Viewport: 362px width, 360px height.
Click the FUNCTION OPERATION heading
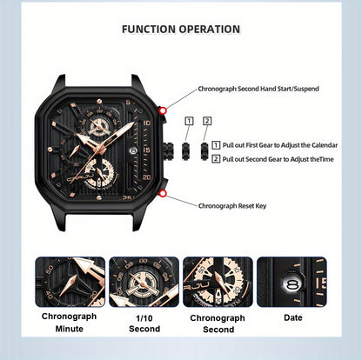pos(181,30)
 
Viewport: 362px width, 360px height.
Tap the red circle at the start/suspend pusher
pos(164,110)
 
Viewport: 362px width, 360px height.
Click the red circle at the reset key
pos(164,193)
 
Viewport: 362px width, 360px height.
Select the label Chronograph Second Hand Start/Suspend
pos(258,89)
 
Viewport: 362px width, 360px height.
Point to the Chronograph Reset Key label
pos(232,206)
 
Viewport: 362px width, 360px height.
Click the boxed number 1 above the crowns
pos(189,121)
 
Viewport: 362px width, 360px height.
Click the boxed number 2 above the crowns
pos(207,121)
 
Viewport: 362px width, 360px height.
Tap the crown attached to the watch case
pos(168,150)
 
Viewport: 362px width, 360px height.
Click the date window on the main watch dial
pos(133,150)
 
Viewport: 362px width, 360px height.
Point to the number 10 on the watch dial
pos(147,123)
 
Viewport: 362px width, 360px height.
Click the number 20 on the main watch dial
pos(147,177)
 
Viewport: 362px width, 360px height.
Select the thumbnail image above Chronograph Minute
pos(70,282)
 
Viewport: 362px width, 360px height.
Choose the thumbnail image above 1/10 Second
pos(144,282)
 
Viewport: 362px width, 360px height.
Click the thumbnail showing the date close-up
pos(292,282)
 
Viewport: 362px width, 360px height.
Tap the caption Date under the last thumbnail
pos(293,317)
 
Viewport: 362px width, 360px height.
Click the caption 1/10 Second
pos(144,323)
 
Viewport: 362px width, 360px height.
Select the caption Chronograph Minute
pos(69,323)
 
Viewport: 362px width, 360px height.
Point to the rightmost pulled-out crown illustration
pos(204,150)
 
